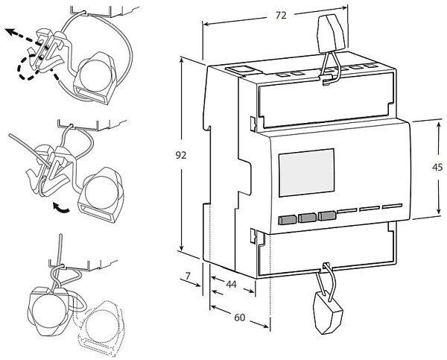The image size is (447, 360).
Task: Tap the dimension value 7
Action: pyautogui.click(x=188, y=277)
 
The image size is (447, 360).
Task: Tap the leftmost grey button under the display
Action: pyautogui.click(x=286, y=220)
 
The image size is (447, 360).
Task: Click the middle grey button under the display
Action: pyautogui.click(x=305, y=218)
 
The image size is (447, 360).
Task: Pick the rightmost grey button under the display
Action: pyautogui.click(x=326, y=217)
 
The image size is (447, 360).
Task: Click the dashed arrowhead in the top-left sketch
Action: pyautogui.click(x=10, y=32)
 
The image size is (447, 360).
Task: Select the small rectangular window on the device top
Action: pyautogui.click(x=241, y=69)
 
